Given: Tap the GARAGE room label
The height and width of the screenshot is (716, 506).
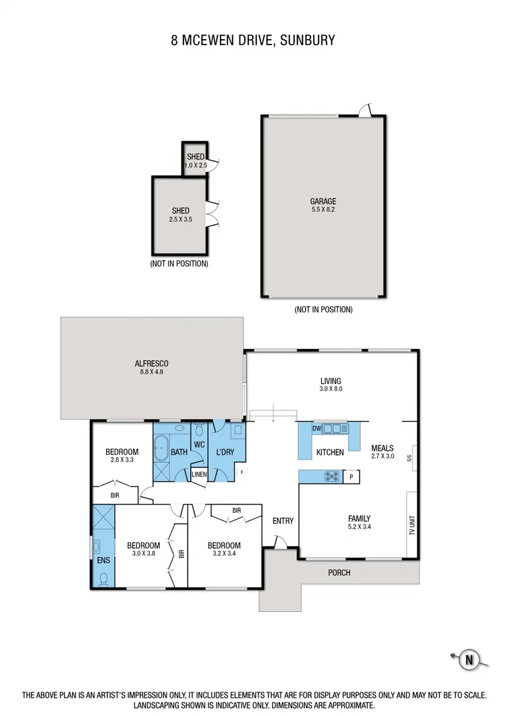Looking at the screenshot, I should coord(323,201).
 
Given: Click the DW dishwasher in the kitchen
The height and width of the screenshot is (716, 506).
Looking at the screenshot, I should coord(316,429).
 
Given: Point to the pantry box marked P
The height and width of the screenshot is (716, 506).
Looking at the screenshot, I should coord(352,477).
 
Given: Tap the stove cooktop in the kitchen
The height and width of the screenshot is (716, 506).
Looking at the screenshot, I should coord(331,476).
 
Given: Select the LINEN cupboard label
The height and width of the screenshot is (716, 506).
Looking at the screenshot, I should coord(198,474).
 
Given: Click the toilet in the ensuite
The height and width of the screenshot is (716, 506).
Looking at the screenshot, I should coord(103,578).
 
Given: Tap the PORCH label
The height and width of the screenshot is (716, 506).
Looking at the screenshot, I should coord(339,573).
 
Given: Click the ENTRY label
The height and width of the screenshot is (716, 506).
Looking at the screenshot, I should coord(283,520).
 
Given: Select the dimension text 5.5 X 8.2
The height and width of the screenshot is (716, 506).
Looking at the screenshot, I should coord(323,210).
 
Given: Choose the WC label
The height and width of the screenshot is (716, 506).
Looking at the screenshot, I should coord(199,444).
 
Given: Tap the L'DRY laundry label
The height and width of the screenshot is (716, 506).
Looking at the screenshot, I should coord(224,451).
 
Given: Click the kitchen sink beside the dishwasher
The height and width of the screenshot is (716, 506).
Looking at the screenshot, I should coord(335,429).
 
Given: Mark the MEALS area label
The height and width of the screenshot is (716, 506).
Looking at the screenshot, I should coord(382,448).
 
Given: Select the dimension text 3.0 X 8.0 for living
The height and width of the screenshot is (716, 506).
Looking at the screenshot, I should coord(331,389).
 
